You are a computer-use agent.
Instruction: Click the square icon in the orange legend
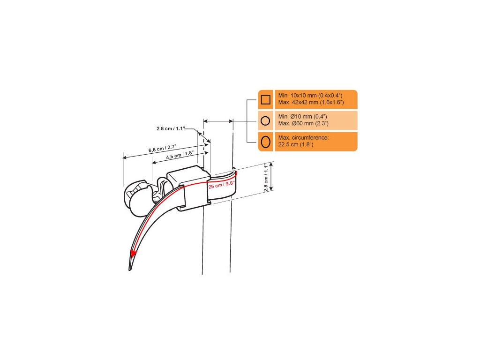point(265,99)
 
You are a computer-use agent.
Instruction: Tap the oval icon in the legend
point(265,142)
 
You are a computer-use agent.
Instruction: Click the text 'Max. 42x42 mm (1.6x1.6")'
point(311,102)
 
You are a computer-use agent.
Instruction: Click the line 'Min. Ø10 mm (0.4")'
point(302,117)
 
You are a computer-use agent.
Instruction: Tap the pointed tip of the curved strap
point(130,269)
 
